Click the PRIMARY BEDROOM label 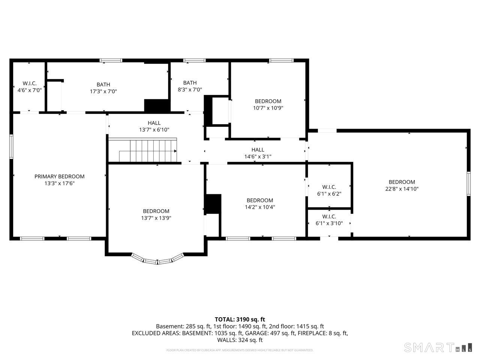point(59,177)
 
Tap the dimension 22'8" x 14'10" point(402,189)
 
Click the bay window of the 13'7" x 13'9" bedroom point(157,260)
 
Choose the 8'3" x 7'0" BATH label point(190,83)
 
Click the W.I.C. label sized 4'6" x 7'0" point(29,83)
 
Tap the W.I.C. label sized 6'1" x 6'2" point(329,187)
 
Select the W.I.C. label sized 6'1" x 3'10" point(329,217)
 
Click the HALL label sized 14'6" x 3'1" point(258,150)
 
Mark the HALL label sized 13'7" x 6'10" point(154,123)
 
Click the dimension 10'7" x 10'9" point(268,108)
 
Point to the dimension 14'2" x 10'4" point(259,207)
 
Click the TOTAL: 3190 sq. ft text point(240,319)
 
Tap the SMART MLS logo point(437,348)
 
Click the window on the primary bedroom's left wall point(11,147)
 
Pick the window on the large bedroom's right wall point(468,183)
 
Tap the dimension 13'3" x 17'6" point(59,183)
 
